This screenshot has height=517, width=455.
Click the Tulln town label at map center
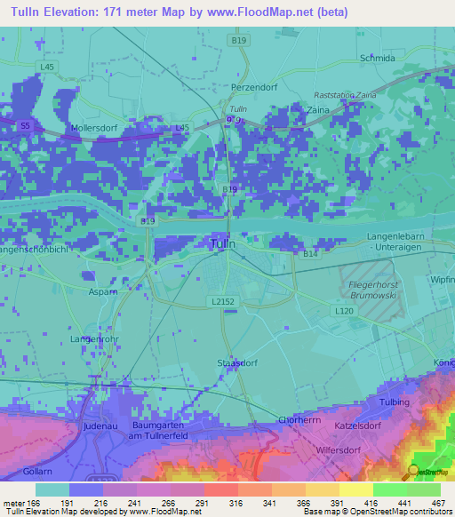(x=223, y=243)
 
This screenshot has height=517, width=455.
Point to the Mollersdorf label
(x=95, y=128)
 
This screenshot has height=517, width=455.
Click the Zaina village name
(x=318, y=110)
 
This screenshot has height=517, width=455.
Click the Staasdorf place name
(x=236, y=362)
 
